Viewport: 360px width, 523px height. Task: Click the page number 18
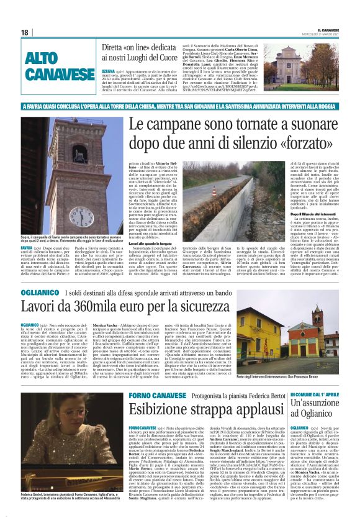(x=25, y=32)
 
